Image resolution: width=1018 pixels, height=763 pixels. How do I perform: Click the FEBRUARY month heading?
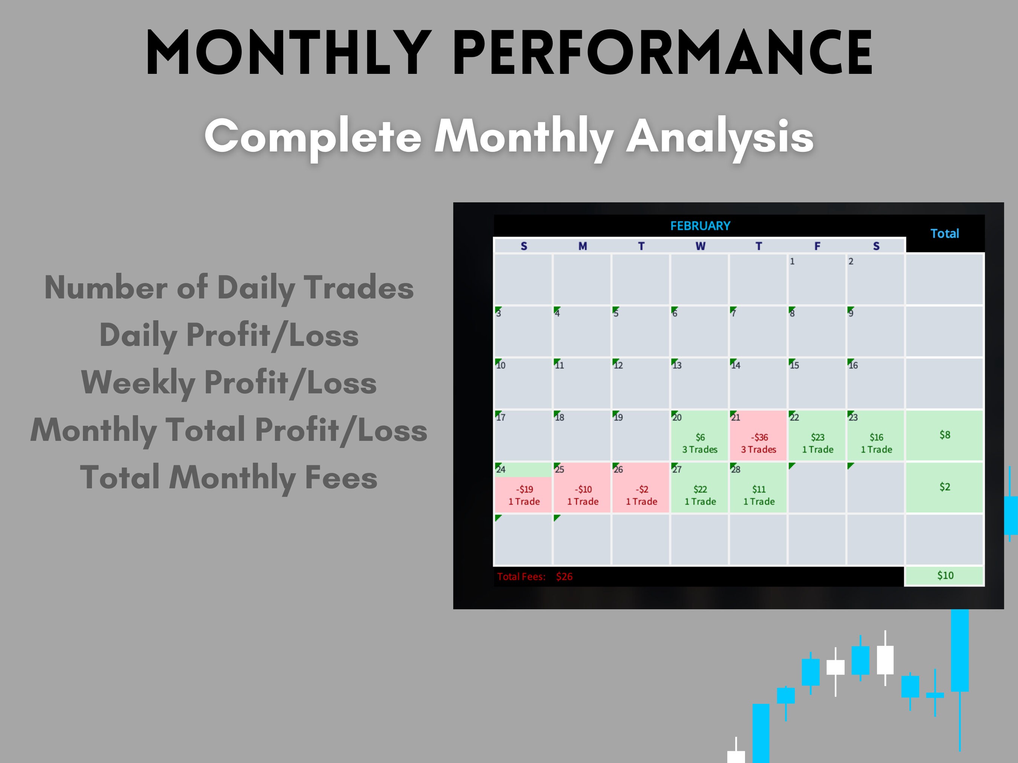point(700,226)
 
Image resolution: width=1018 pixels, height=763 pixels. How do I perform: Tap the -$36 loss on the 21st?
point(759,437)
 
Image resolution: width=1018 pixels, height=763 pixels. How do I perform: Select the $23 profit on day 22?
point(817,437)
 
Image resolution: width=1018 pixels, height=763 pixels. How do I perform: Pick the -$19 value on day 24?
point(524,489)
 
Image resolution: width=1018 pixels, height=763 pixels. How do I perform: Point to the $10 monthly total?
point(945,575)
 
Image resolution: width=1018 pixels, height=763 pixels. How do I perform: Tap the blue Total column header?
point(944,234)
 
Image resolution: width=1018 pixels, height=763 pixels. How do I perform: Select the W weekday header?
point(700,246)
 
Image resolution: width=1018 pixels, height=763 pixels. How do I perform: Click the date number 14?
point(736,365)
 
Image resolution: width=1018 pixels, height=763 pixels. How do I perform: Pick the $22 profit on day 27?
point(700,489)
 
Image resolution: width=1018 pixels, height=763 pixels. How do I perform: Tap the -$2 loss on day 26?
point(642,489)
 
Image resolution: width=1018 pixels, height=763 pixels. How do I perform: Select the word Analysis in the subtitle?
point(720,136)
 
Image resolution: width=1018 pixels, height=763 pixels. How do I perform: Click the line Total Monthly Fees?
point(229,477)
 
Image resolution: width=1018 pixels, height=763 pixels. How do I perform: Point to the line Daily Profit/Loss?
point(229,335)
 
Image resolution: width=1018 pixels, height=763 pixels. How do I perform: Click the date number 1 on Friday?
point(792,261)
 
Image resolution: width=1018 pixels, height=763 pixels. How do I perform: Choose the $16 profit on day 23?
point(876,437)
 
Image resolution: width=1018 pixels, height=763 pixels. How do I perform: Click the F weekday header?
point(817,246)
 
